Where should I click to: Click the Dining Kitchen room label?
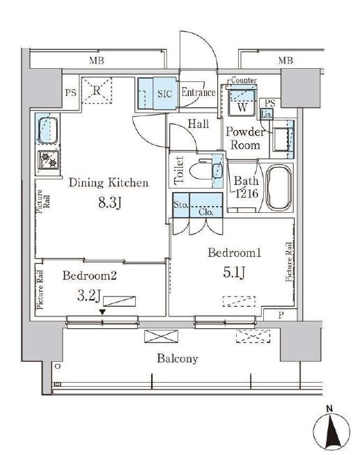[108, 184]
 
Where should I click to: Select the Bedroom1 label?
[234, 254]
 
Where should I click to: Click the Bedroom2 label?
[88, 276]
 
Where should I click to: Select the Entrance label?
[198, 92]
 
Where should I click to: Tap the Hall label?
[198, 124]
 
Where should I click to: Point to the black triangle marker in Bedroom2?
[103, 312]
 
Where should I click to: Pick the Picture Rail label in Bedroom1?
[288, 263]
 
